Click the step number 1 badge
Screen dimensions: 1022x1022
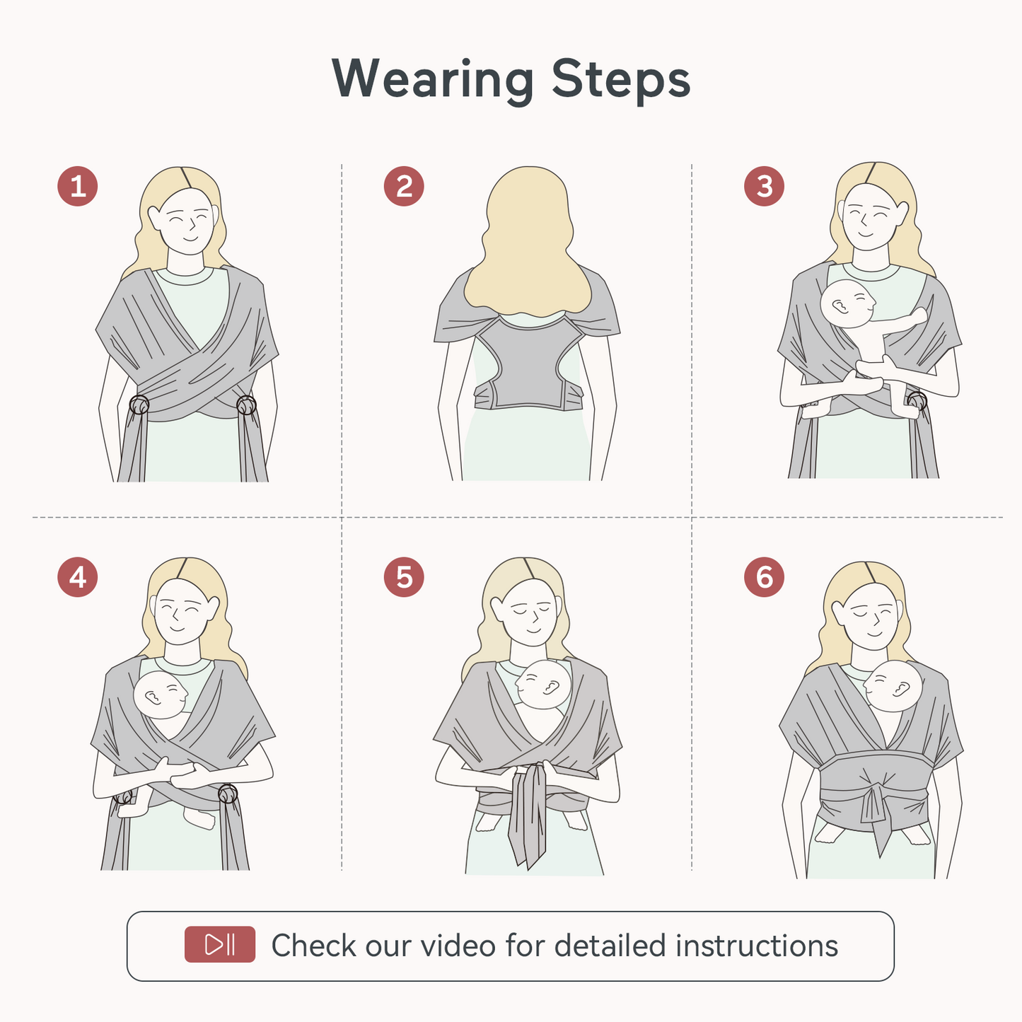(78, 187)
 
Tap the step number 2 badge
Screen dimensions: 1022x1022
(404, 187)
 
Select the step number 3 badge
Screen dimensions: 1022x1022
(764, 187)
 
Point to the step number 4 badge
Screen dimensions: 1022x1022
(78, 577)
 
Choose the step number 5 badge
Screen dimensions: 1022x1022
(404, 577)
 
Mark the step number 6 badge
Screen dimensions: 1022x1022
(764, 577)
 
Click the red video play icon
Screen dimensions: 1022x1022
(220, 945)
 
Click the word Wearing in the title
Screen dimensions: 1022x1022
(433, 79)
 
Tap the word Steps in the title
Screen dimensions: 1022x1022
(620, 79)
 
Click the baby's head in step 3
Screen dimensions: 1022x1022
(847, 303)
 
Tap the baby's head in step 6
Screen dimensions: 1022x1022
(893, 686)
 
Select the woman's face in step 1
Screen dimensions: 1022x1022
(185, 222)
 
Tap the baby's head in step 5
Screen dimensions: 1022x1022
(543, 685)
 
